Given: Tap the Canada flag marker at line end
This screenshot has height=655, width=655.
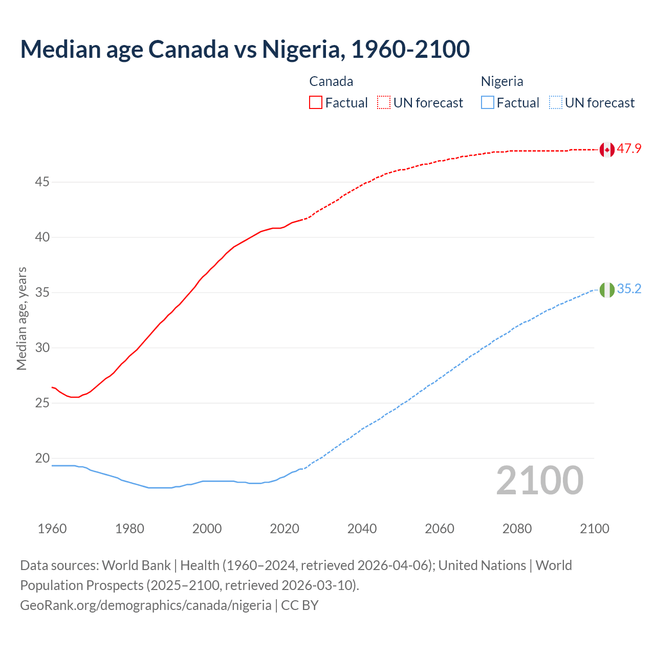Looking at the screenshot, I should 607,149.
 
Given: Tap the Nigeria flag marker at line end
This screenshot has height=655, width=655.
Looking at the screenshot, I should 607,290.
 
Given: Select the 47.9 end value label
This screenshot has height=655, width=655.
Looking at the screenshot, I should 629,149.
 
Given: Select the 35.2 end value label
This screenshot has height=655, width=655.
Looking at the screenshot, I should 629,289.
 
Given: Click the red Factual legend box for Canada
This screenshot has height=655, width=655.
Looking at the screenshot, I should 316,103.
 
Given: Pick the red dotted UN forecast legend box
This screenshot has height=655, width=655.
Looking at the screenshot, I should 384,103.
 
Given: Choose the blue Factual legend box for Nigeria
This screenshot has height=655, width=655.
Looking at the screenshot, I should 488,103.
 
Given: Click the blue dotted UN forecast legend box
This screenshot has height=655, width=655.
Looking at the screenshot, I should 555,103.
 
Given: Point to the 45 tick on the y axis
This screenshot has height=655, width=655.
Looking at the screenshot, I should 42,182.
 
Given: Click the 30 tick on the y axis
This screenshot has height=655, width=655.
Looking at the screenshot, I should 42,348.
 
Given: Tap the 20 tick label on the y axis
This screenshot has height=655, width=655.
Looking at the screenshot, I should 42,458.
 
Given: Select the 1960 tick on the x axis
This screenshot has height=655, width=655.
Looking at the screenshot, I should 52,529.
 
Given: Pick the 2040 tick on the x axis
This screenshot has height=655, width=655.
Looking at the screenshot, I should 362,529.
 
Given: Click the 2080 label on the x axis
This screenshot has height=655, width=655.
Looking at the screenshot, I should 517,529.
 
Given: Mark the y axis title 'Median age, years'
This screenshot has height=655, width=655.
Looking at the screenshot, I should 21,318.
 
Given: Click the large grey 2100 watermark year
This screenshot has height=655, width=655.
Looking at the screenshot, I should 539,481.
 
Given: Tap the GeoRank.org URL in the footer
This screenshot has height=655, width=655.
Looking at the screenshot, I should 145,605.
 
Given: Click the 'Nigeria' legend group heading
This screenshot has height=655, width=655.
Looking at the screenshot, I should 502,81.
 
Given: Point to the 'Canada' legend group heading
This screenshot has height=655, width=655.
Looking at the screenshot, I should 331,81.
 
